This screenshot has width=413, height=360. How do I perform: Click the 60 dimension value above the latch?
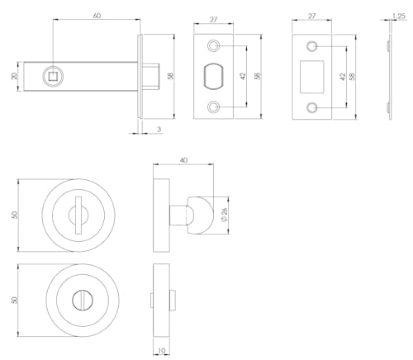(97, 16)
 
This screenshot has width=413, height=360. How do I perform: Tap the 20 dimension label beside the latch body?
(14, 76)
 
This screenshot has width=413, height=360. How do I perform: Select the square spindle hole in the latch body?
(52, 76)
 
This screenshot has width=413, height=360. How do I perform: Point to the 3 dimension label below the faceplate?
(159, 130)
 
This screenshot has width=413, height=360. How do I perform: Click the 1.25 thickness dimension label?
(399, 16)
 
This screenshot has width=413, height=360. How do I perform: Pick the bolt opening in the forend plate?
(213, 77)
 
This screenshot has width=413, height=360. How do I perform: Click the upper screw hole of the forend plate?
(213, 45)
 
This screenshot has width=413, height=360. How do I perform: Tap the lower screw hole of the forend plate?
(213, 107)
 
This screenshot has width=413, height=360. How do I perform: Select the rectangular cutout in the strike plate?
(311, 77)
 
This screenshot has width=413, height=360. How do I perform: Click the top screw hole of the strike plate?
(311, 46)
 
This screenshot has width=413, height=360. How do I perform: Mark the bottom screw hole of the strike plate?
(311, 107)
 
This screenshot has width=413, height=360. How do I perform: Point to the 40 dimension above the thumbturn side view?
(183, 160)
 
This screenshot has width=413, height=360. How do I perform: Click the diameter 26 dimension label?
(224, 215)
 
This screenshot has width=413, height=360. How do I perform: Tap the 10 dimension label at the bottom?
(162, 351)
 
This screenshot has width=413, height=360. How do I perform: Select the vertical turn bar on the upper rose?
(78, 216)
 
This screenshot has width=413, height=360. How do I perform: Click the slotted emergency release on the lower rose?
(83, 300)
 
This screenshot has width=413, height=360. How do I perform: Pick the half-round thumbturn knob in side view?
(201, 216)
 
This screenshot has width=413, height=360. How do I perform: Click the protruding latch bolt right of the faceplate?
(151, 76)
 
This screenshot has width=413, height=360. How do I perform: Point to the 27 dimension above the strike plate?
(311, 17)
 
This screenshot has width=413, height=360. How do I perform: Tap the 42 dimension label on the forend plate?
(243, 76)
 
